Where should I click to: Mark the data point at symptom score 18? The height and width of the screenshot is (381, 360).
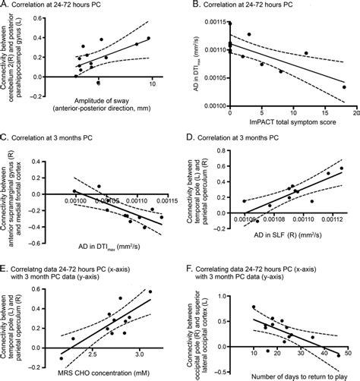[343, 87]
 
